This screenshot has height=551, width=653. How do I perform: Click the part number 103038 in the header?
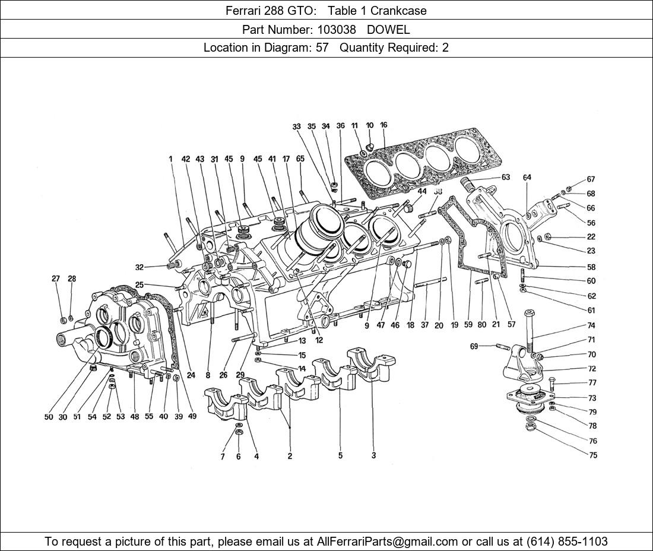point(337,30)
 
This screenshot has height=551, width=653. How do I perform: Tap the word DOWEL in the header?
point(389,30)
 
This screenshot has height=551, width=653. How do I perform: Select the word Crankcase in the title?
point(398,11)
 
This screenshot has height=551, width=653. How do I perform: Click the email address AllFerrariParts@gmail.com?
point(387,541)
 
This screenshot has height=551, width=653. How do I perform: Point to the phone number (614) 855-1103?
point(567,541)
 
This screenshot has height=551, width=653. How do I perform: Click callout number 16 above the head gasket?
point(383,125)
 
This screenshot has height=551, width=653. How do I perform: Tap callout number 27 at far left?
point(56,278)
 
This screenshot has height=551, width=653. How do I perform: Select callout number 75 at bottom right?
point(593,455)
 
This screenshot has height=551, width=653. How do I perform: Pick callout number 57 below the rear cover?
point(511,324)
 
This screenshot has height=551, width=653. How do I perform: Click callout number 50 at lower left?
point(49,416)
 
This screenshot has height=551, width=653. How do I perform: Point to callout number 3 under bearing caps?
point(373,455)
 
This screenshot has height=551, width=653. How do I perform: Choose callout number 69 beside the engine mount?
point(474,346)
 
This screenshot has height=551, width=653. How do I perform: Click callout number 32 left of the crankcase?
point(140,267)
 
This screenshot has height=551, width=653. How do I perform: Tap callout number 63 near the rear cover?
point(506,177)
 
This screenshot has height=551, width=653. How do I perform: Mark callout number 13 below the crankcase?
point(302,341)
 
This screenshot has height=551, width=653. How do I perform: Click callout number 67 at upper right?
point(591,179)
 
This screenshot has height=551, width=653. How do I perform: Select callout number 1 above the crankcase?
point(170,159)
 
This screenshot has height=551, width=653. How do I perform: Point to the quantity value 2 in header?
point(445,48)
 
